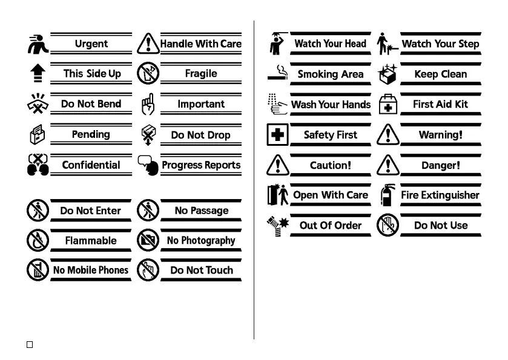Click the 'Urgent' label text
[91, 44]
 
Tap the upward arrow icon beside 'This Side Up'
[38, 74]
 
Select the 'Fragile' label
[200, 74]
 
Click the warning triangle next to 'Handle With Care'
[147, 44]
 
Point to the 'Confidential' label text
[91, 165]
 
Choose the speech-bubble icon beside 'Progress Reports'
[147, 165]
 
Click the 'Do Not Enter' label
[91, 211]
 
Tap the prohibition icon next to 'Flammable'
[38, 240]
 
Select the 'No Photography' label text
[200, 240]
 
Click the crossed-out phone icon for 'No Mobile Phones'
[38, 270]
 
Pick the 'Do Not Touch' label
[200, 270]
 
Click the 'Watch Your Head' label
[330, 44]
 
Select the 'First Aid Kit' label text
[440, 104]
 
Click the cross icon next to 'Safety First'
[277, 134]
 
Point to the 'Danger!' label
[440, 165]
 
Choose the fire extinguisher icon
[387, 195]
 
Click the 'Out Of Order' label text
[330, 225]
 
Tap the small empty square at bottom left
[29, 344]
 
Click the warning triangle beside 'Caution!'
[277, 165]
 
